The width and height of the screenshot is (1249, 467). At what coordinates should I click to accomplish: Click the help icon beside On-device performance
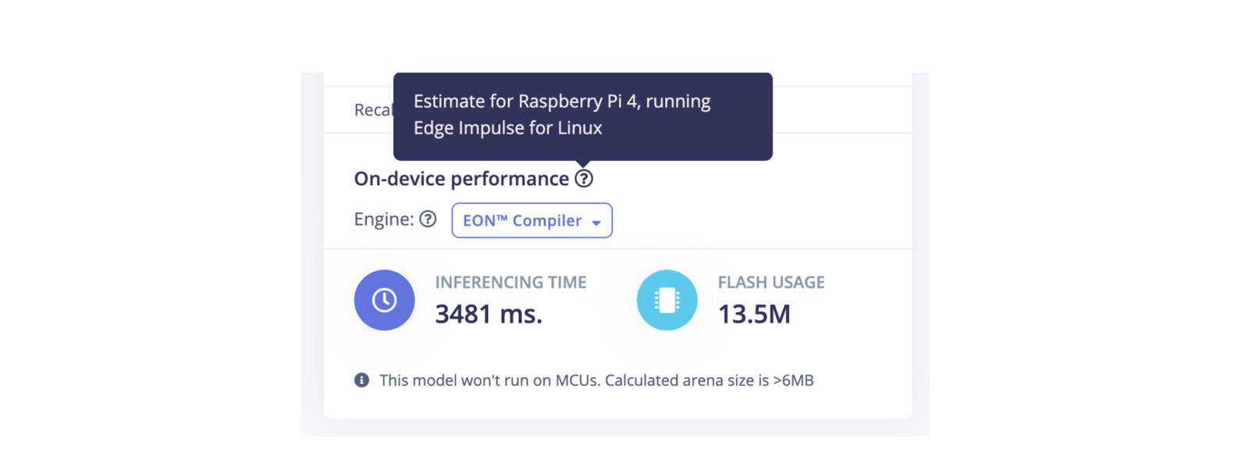(584, 179)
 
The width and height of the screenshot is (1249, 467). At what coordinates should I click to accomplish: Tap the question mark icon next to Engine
(428, 219)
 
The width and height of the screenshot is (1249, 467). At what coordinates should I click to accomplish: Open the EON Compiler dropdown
(532, 220)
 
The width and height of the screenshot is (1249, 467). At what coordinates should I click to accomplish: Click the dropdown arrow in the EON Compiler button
(596, 223)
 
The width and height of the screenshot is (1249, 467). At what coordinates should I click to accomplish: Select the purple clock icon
(384, 300)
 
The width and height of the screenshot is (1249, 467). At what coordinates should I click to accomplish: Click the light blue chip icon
(667, 300)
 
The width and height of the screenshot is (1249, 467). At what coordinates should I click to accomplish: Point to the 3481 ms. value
(488, 314)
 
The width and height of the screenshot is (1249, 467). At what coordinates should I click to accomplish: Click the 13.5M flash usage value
(753, 314)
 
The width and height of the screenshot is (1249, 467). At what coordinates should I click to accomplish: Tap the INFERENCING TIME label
(511, 283)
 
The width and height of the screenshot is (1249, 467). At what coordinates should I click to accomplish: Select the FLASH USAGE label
(770, 283)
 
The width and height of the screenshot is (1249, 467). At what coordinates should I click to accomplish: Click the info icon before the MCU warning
(361, 380)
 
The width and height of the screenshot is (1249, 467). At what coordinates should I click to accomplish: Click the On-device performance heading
(461, 179)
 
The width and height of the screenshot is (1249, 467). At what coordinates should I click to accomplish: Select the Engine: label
(383, 219)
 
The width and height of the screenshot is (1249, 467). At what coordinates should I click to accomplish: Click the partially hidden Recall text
(373, 110)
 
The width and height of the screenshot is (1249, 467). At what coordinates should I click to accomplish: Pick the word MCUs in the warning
(578, 380)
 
